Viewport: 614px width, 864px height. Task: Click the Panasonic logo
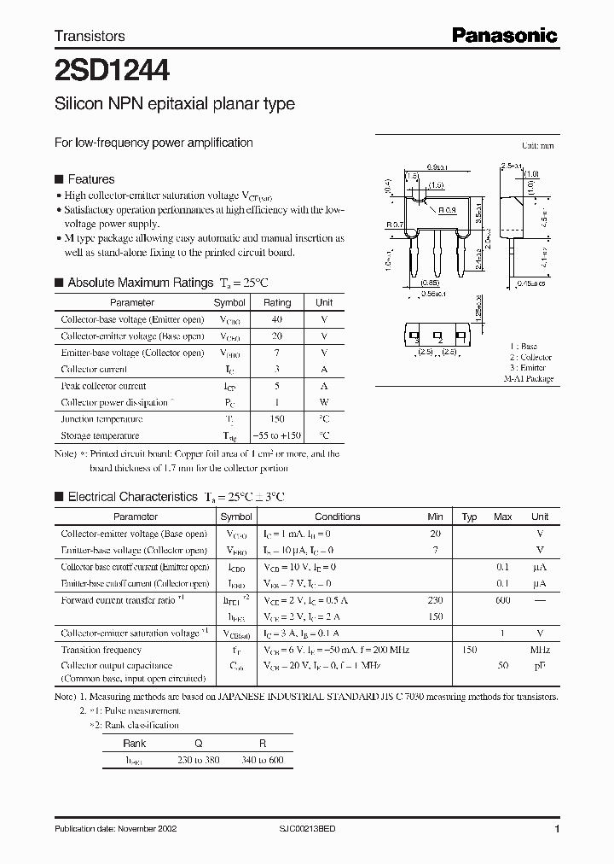[x=504, y=35]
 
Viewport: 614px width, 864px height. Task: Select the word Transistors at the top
[x=90, y=36]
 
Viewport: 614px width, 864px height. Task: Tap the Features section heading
[x=90, y=179]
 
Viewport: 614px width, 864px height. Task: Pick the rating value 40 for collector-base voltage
[x=276, y=319]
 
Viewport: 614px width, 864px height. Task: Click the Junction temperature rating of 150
[x=276, y=419]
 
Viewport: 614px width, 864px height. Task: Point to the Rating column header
[x=276, y=302]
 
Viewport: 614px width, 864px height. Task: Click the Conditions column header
[x=337, y=517]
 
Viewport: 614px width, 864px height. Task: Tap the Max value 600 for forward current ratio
[x=503, y=600]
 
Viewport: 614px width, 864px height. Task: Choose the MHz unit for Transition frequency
[x=539, y=650]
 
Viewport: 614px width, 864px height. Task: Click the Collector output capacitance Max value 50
[x=503, y=666]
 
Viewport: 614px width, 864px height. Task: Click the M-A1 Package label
[x=528, y=378]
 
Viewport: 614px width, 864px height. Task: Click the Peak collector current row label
[x=103, y=386]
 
